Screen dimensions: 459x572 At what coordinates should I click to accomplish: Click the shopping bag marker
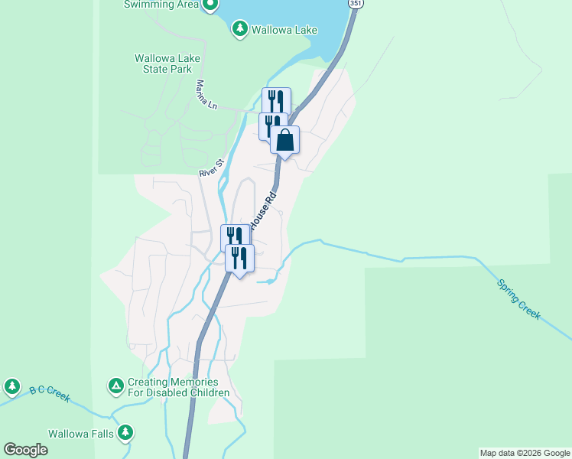click(284, 140)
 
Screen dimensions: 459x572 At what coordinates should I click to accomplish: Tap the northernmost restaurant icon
click(276, 101)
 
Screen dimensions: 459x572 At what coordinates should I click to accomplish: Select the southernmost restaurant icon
click(239, 259)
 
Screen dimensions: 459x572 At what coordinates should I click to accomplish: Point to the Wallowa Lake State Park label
click(162, 63)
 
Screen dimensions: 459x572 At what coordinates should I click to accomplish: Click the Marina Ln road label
click(206, 95)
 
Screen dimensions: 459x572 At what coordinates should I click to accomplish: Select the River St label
click(210, 168)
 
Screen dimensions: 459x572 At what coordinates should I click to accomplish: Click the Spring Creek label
click(518, 299)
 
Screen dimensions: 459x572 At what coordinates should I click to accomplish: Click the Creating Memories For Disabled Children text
click(178, 388)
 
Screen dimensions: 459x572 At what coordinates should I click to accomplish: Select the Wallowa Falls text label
click(81, 434)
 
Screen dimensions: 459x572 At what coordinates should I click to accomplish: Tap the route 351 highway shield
click(356, 4)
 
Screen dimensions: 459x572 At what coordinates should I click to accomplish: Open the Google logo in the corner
click(25, 450)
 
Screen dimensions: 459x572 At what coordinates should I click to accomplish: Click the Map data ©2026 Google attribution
click(525, 453)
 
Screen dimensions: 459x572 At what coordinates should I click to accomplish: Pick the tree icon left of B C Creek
click(11, 386)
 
